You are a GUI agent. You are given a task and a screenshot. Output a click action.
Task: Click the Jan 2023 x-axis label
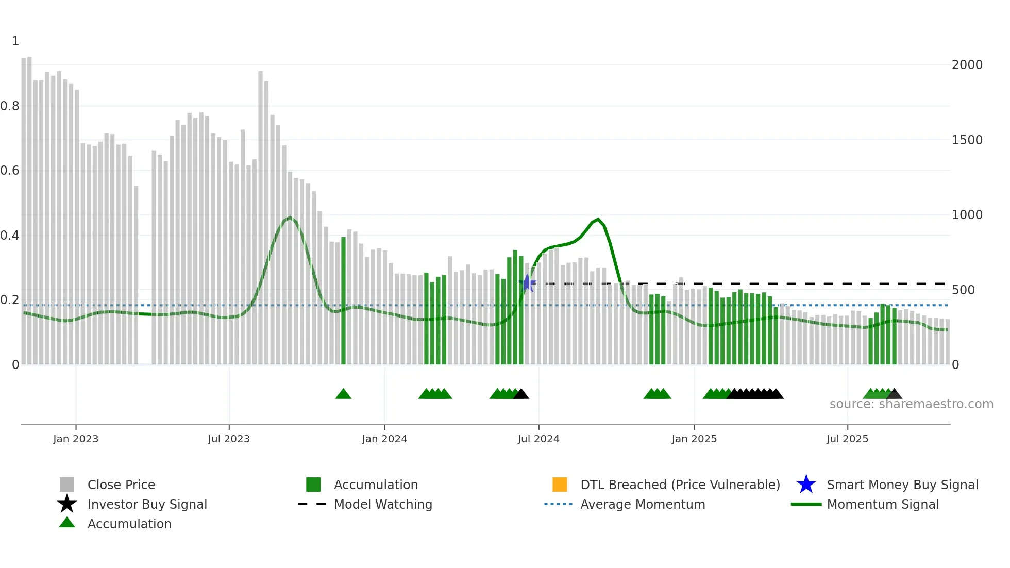[76, 439]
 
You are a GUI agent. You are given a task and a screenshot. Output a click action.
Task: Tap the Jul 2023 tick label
[229, 439]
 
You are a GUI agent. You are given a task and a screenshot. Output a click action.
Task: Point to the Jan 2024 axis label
[384, 439]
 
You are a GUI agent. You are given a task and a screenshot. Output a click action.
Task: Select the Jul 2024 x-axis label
[538, 439]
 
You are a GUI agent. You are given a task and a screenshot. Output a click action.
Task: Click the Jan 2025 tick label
[694, 439]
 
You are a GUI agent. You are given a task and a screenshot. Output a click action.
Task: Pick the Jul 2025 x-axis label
[847, 439]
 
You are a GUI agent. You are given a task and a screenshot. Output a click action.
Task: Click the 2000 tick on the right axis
[967, 65]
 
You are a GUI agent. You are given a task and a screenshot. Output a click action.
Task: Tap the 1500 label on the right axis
[967, 140]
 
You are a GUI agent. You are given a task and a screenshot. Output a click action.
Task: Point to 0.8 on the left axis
[10, 106]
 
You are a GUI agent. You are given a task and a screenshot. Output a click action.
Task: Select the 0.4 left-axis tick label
[10, 236]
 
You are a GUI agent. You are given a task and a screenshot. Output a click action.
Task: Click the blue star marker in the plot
[527, 283]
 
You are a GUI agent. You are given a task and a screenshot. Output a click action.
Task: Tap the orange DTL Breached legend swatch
[560, 485]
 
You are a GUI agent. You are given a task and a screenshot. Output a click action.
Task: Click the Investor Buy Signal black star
[67, 504]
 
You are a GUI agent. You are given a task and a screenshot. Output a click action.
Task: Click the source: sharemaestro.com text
[911, 404]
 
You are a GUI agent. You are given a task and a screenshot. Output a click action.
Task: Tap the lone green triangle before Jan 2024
[343, 394]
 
